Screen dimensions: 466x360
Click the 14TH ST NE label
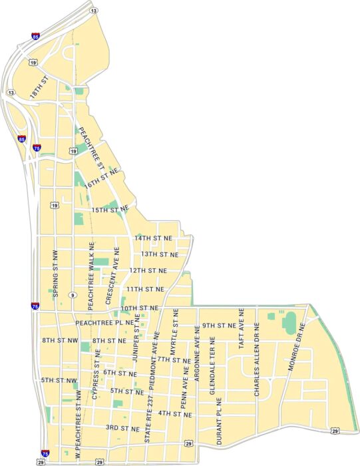coord(153,238)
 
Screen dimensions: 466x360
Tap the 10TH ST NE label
coord(140,308)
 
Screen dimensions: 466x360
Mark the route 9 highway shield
coord(71,295)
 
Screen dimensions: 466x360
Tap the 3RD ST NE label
coord(122,427)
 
